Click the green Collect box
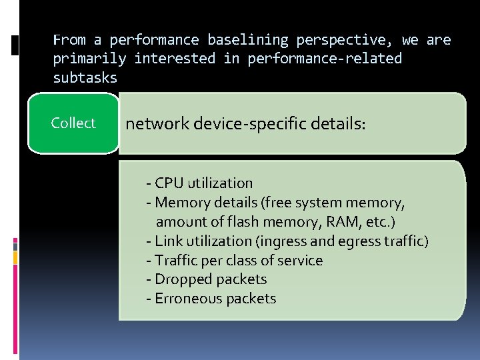tap(73, 123)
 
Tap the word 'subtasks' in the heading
tap(85, 77)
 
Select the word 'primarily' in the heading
tap(89, 59)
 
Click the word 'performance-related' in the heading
tap(325, 59)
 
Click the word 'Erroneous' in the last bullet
tap(189, 299)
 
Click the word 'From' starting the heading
tap(69, 40)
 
